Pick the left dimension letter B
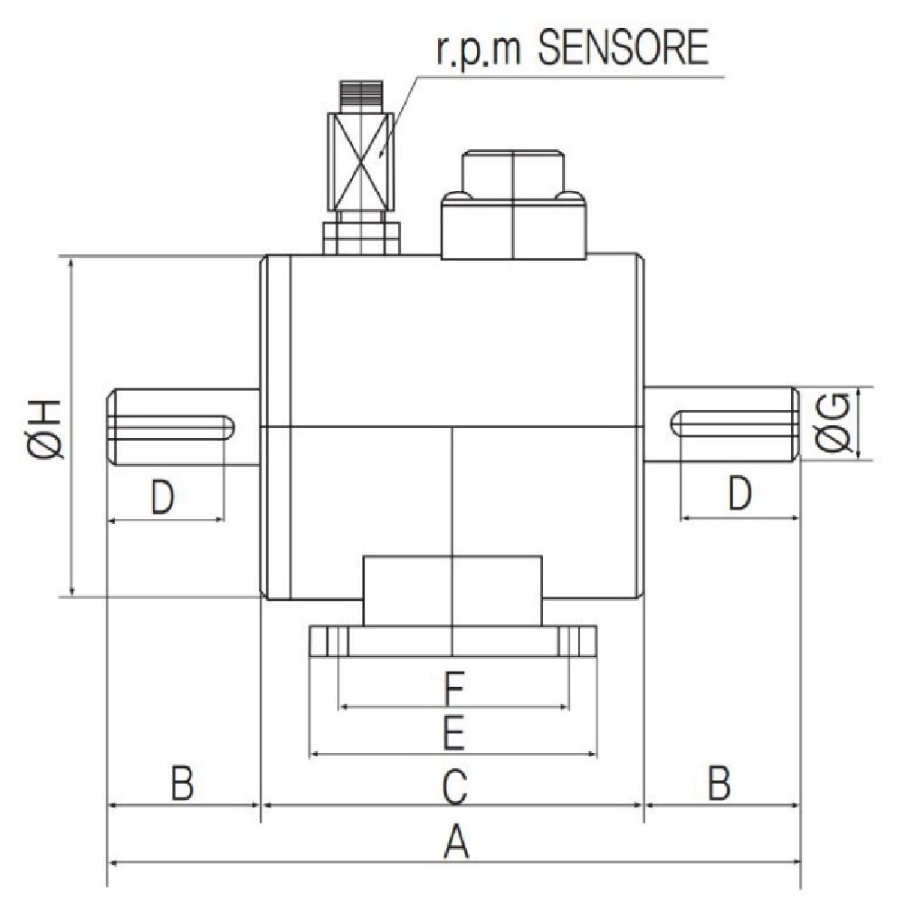point(182,785)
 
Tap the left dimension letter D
point(162,497)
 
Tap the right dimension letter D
point(739,494)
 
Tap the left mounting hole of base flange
point(329,642)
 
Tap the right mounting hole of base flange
point(571,642)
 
